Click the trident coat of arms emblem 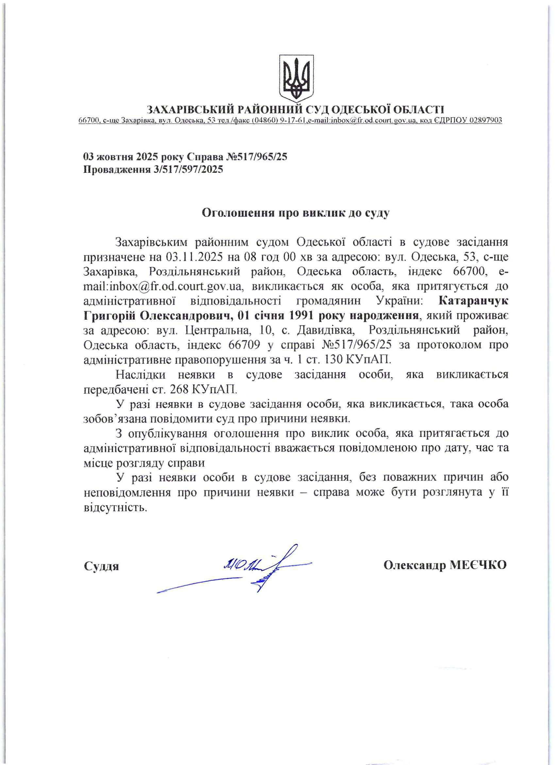tap(296, 78)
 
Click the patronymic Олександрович tap(185, 316)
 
